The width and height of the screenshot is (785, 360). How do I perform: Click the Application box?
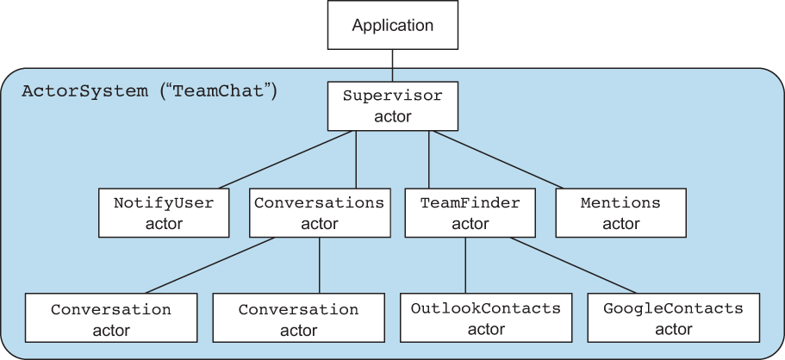coord(393,25)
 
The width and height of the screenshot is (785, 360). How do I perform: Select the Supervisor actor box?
coord(393,106)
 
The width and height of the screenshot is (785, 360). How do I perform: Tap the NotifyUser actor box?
coord(164,213)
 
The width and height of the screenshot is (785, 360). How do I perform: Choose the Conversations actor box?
coord(320,213)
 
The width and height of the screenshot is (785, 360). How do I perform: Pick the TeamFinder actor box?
coord(470,213)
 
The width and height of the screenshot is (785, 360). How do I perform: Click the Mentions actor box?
coord(620,213)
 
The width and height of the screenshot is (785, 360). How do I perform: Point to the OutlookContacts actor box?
coord(486,318)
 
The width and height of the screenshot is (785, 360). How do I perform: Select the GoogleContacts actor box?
coord(673,318)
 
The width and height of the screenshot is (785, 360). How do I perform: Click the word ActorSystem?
coord(84,91)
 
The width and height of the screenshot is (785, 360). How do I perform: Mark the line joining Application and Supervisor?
coord(393,65)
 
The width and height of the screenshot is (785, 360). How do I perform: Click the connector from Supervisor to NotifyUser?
coord(285,159)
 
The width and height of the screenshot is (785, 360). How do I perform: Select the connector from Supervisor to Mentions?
coord(498,159)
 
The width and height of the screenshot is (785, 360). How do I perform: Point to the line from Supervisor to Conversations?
coord(356,159)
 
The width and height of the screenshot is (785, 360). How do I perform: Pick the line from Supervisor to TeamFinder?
coord(428,159)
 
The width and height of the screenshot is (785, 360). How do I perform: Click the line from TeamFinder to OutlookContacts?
coord(465,265)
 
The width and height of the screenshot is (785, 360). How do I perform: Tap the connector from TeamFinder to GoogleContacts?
coord(573,265)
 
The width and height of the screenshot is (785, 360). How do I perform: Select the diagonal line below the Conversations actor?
coord(210,265)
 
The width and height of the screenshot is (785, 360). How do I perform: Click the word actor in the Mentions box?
coord(620,223)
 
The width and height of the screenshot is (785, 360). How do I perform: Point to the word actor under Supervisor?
coord(393,116)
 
